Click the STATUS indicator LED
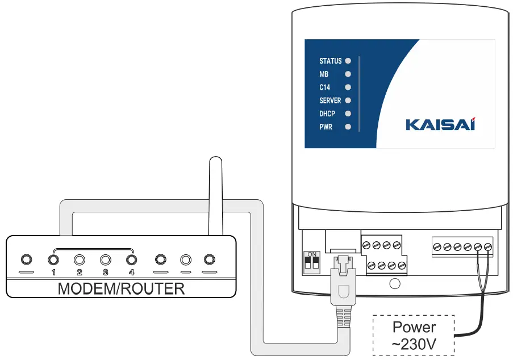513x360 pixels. tap(348, 60)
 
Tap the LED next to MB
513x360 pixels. tap(348, 74)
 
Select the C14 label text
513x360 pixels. tap(325, 87)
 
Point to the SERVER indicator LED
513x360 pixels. tap(348, 101)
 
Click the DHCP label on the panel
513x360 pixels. tap(327, 114)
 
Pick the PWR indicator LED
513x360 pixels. tap(348, 127)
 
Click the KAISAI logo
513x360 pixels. tap(440, 124)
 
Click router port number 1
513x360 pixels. tap(53, 260)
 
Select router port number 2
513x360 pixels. tap(80, 260)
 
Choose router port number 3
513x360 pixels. tap(106, 260)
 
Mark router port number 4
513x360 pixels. tap(132, 260)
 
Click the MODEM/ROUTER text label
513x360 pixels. tap(121, 288)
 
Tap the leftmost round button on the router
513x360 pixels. tap(26, 260)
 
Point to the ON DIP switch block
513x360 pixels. tap(311, 262)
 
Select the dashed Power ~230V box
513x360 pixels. tap(414, 335)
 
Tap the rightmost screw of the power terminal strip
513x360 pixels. tap(487, 247)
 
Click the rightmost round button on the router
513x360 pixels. tap(210, 260)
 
